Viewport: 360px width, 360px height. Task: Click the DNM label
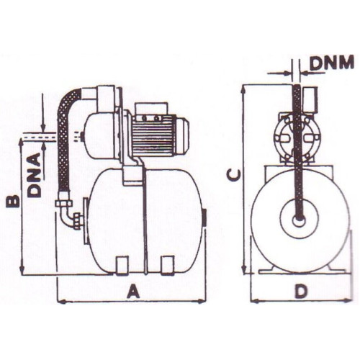[x=332, y=63]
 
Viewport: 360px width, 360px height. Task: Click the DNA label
[x=34, y=175]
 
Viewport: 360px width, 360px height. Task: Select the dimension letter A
[x=133, y=291]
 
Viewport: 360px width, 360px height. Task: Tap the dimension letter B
[x=13, y=201]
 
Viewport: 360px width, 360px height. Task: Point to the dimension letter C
[x=233, y=174]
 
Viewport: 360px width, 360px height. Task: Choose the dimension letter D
[x=301, y=291]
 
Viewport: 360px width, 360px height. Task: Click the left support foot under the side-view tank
[x=122, y=265]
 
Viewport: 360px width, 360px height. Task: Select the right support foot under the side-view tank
[x=167, y=265]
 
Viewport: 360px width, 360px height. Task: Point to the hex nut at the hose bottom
[x=63, y=203]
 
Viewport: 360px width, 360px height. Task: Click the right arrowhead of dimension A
[x=203, y=301]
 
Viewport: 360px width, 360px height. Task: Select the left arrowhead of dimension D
[x=255, y=301]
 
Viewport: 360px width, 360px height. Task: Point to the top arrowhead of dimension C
[x=244, y=89]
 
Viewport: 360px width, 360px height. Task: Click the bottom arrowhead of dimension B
[x=22, y=269]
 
